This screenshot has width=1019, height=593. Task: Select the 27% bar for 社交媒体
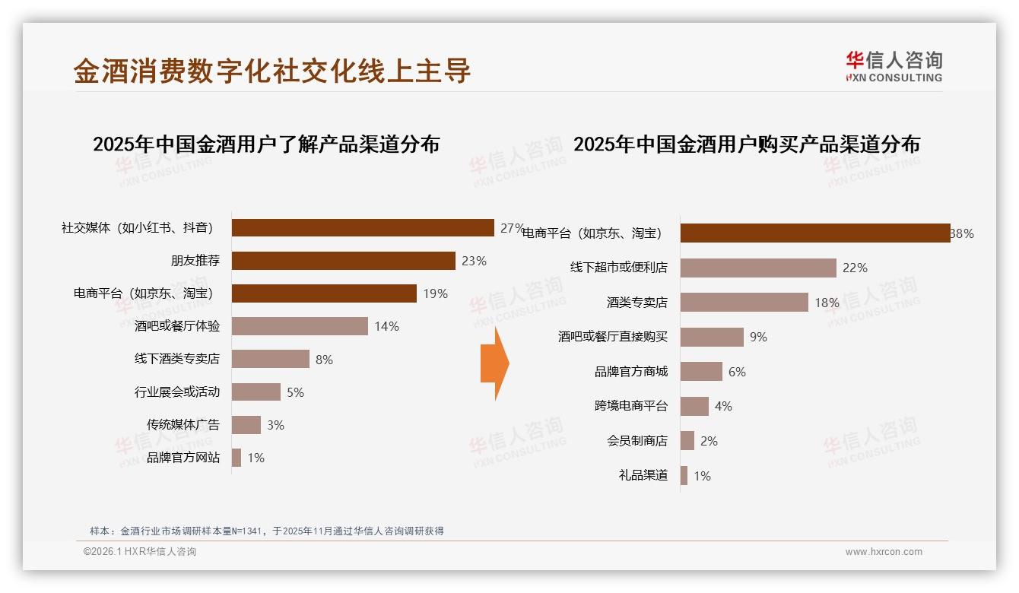pyautogui.click(x=363, y=228)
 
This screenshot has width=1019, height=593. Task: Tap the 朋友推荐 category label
pyautogui.click(x=195, y=261)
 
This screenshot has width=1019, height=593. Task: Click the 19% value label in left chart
pyautogui.click(x=435, y=293)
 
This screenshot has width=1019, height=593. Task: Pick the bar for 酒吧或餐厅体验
pyautogui.click(x=300, y=326)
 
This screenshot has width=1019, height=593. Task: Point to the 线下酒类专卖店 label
pyautogui.click(x=177, y=359)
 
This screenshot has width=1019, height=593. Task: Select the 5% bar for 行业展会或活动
pyautogui.click(x=256, y=392)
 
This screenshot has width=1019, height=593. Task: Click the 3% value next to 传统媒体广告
pyautogui.click(x=275, y=425)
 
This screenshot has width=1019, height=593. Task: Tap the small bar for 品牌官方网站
pyautogui.click(x=236, y=458)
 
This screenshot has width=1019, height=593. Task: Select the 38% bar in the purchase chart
pyautogui.click(x=814, y=233)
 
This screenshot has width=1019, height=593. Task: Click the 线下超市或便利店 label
pyautogui.click(x=619, y=268)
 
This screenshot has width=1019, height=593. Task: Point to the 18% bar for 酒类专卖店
pyautogui.click(x=744, y=303)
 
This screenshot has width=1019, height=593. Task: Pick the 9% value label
pyautogui.click(x=758, y=337)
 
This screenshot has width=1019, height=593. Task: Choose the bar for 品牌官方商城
pyautogui.click(x=701, y=372)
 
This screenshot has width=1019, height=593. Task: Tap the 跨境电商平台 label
pyautogui.click(x=631, y=406)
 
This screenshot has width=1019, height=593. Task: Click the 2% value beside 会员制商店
pyautogui.click(x=709, y=441)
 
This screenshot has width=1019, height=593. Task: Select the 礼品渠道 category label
pyautogui.click(x=643, y=476)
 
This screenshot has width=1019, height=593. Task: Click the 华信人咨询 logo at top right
pyautogui.click(x=894, y=66)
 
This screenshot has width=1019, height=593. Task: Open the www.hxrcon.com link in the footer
pyautogui.click(x=884, y=552)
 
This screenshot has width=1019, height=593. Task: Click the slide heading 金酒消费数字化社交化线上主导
pyautogui.click(x=272, y=71)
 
